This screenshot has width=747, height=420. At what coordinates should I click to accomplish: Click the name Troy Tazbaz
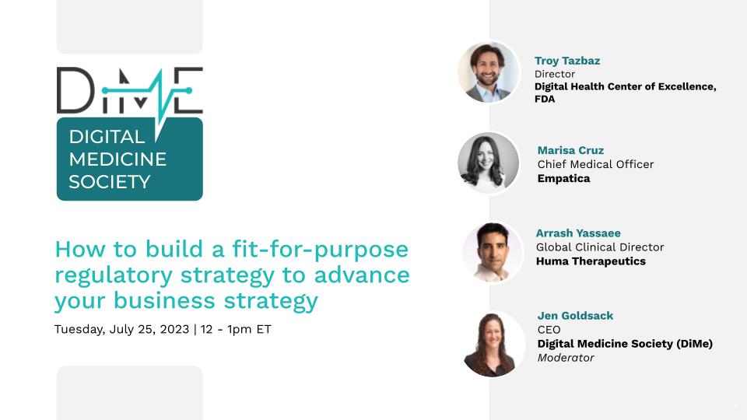pos(567,61)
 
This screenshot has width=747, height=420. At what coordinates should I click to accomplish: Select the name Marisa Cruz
pos(570,150)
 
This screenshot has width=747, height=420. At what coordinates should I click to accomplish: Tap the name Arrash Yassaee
pos(578,233)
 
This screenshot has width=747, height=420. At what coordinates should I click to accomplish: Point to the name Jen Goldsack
pos(575,316)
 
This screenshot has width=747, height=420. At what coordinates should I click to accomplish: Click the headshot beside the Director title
pos(489,72)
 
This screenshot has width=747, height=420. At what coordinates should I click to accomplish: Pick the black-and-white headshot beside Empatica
pos(489,163)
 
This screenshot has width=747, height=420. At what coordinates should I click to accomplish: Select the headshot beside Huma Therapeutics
pos(493,252)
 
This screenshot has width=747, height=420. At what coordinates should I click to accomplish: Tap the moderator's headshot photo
pos(493,344)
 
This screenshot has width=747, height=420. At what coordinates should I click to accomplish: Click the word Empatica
pos(563,179)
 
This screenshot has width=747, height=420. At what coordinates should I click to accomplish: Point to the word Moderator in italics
pos(566,358)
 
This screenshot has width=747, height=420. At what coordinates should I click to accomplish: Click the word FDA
pos(545,99)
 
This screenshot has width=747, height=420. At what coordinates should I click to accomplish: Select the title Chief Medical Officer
pos(595,164)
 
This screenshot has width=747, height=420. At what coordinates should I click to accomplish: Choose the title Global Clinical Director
pos(600,247)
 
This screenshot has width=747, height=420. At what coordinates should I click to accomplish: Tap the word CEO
pos(549,330)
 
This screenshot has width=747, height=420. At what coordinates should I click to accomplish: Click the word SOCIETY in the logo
pos(110,182)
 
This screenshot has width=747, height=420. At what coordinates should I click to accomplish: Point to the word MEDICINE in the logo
pos(117,159)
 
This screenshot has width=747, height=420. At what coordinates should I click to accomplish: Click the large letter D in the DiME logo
pos(75,90)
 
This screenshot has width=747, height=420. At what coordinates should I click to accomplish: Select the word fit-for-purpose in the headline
pos(320,250)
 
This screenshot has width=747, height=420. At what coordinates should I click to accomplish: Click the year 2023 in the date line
pos(174,330)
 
